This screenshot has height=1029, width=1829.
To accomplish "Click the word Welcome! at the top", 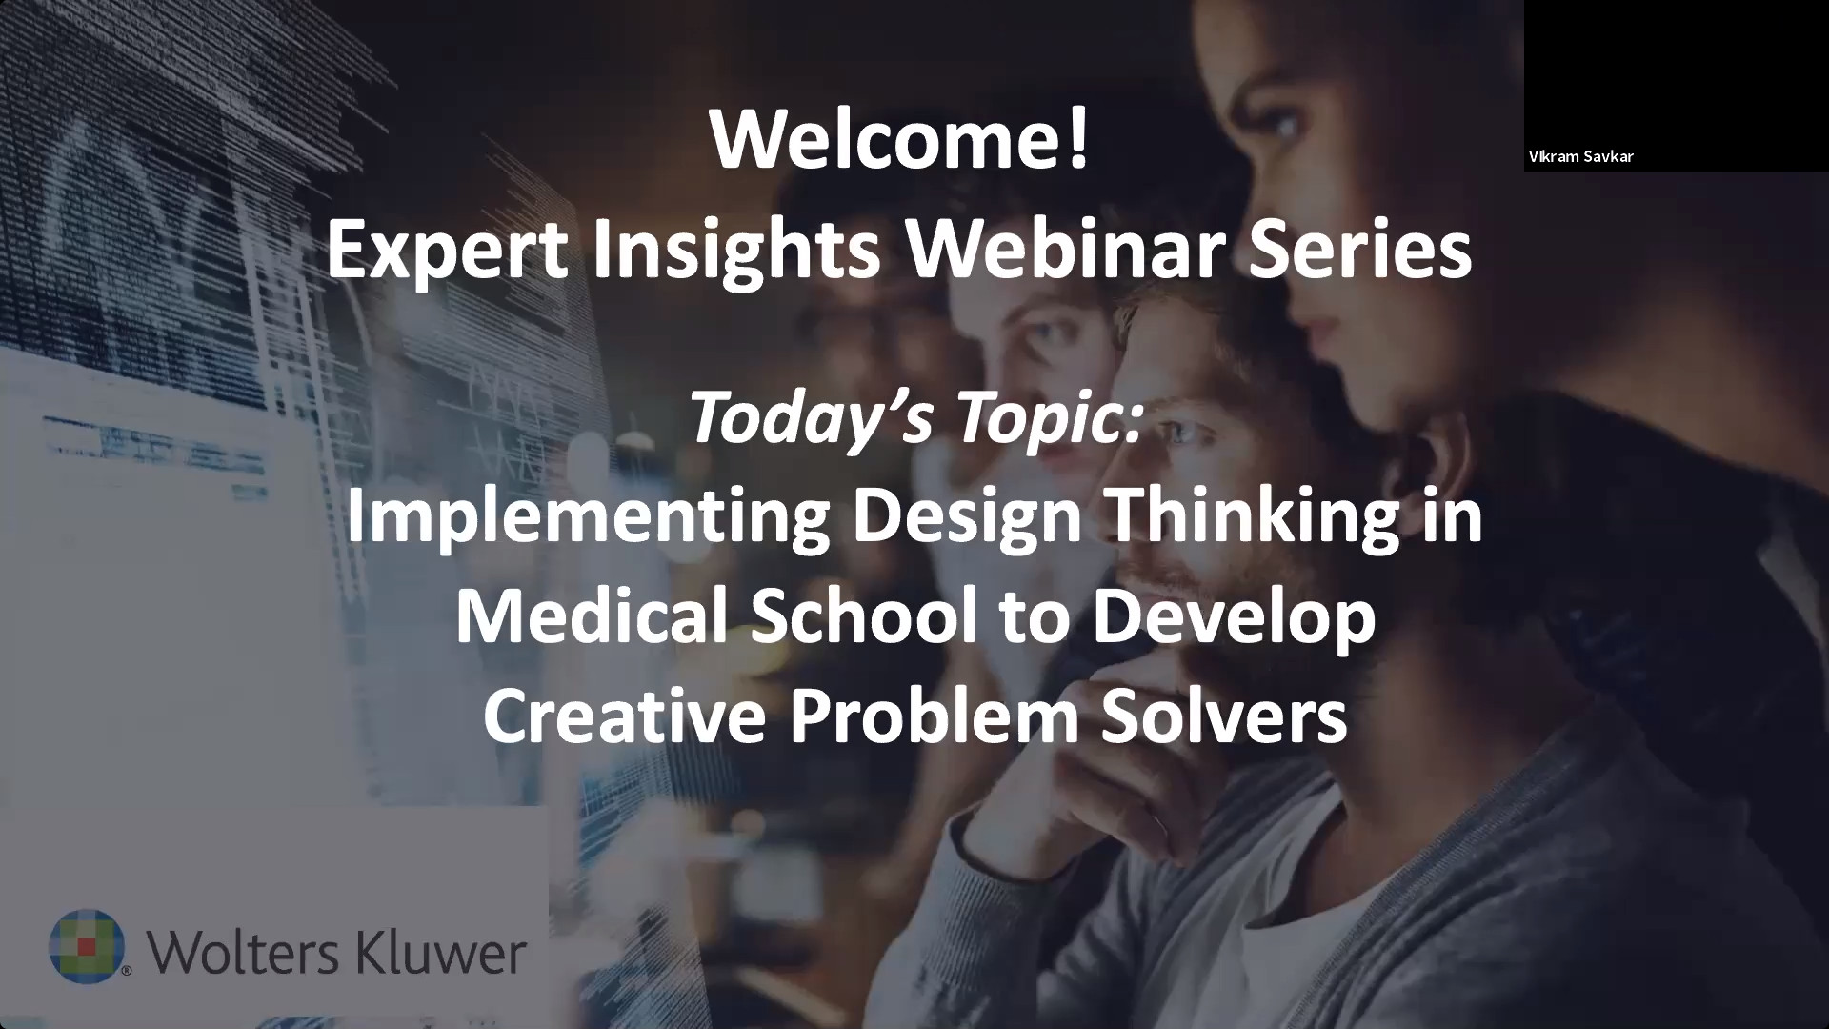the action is (x=898, y=140).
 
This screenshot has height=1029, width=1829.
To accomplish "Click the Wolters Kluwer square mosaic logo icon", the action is (x=87, y=944).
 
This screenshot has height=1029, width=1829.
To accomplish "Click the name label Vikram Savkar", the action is (x=1580, y=156).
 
